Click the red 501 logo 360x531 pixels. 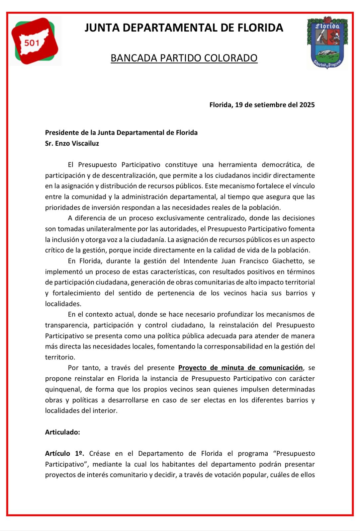pyautogui.click(x=35, y=41)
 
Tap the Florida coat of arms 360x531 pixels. pyautogui.click(x=327, y=42)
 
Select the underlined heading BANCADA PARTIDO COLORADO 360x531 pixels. pyautogui.click(x=184, y=58)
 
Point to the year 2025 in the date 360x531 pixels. pyautogui.click(x=307, y=105)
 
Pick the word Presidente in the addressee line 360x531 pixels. pyautogui.click(x=62, y=133)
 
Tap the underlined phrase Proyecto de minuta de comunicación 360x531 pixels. pyautogui.click(x=240, y=368)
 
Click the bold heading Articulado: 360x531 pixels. pyautogui.click(x=62, y=432)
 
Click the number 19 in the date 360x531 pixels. pyautogui.click(x=239, y=105)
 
